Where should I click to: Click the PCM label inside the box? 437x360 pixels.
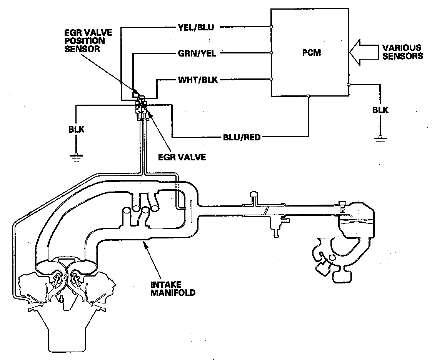click(x=312, y=53)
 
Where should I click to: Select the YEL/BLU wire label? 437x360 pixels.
click(x=196, y=27)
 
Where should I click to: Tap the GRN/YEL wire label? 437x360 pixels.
click(x=197, y=53)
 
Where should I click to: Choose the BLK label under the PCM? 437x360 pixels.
click(x=380, y=110)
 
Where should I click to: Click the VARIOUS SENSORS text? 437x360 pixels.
click(x=402, y=52)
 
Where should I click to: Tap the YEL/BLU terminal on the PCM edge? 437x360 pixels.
click(x=272, y=27)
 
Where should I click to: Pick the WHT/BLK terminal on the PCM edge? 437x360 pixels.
click(x=272, y=79)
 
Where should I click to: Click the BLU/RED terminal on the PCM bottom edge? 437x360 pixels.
click(x=309, y=96)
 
